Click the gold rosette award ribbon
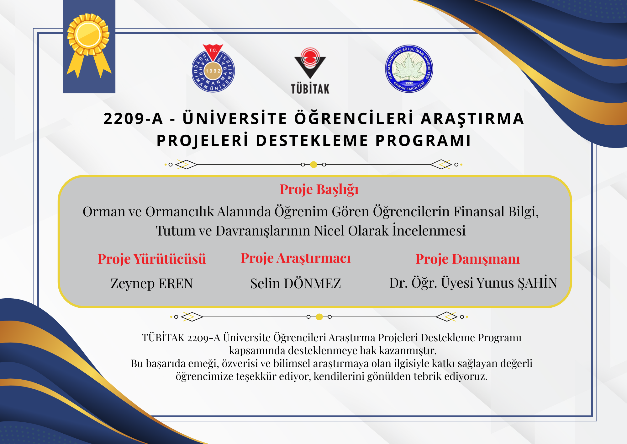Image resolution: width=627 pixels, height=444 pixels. pos(89,44)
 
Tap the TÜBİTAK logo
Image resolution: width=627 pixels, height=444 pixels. pos(310,71)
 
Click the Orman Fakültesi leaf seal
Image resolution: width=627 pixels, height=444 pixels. pos(409,68)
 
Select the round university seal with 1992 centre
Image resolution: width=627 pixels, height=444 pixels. pos(213,68)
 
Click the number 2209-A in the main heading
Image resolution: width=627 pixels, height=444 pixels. pos(133,119)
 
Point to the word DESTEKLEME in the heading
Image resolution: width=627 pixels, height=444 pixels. pos(312,140)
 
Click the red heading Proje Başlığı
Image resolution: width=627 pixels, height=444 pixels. pos(319,190)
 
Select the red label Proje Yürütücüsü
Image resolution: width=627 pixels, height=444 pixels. pos(152,259)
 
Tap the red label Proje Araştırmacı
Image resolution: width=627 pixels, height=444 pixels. pos(296,258)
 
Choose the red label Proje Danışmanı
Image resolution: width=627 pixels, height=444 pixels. pos(467,259)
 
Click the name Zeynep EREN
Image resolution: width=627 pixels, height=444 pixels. pos(152,284)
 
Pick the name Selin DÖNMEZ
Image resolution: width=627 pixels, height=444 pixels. pos(296,283)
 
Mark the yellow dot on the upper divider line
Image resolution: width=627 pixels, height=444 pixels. pos(313,165)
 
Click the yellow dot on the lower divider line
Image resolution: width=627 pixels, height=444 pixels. pos(319,317)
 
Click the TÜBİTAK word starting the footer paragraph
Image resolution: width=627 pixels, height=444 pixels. pos(163,338)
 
